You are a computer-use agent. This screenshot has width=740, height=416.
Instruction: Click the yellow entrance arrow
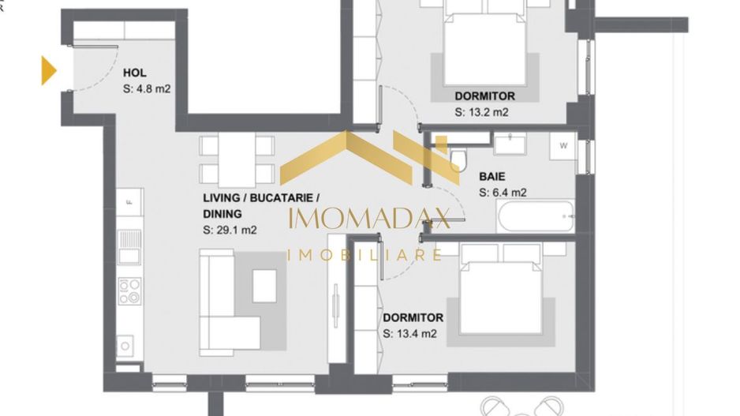point(49,70)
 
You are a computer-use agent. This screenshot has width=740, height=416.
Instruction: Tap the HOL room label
point(135,73)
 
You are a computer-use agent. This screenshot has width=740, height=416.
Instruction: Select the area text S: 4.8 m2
point(147,89)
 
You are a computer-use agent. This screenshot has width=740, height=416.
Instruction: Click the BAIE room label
point(491,177)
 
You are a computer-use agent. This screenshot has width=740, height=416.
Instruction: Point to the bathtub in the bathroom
point(535,215)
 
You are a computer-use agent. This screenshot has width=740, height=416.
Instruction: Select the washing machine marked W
point(563,146)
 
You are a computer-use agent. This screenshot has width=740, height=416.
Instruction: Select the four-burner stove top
point(129,290)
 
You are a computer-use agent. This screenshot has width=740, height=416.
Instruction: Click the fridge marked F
point(130,203)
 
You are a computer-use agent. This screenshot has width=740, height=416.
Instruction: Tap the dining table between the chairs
point(237,160)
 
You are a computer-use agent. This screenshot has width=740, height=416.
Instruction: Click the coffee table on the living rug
point(264,286)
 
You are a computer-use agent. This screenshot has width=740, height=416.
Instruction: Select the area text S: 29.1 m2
point(230,230)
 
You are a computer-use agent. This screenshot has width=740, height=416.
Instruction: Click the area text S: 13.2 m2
point(481,112)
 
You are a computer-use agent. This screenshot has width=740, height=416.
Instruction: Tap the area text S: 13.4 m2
point(409,334)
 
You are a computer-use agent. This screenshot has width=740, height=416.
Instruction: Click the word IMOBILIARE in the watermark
point(364,255)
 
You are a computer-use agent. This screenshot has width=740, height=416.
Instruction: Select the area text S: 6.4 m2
point(503,192)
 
